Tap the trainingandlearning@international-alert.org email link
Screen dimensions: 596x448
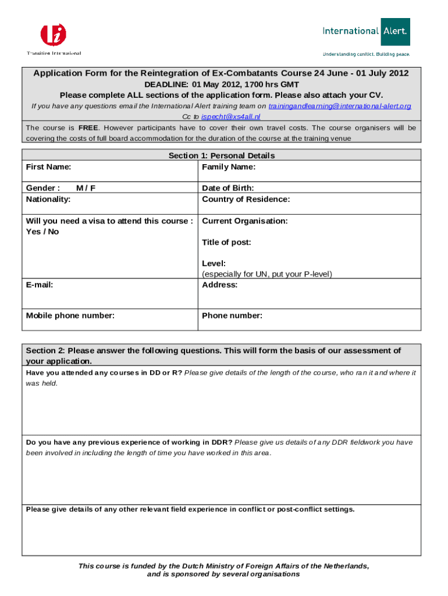pyautogui.click(x=340, y=106)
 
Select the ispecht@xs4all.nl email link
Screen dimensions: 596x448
pyautogui.click(x=230, y=116)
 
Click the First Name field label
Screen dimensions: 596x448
pyautogui.click(x=49, y=167)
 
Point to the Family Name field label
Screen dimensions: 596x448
pyautogui.click(x=229, y=167)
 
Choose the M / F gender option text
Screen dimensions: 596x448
pyautogui.click(x=86, y=188)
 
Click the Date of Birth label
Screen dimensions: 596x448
pyautogui.click(x=227, y=188)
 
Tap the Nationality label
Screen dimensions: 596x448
pyautogui.click(x=48, y=199)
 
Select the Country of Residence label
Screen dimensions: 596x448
pyautogui.click(x=246, y=199)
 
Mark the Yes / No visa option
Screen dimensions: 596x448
pyautogui.click(x=42, y=232)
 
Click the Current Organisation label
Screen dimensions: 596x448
pyautogui.click(x=244, y=221)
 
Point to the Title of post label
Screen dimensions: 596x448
pyautogui.click(x=226, y=242)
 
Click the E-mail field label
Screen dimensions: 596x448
pyautogui.click(x=40, y=285)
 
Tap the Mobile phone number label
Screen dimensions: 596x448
pyautogui.click(x=70, y=315)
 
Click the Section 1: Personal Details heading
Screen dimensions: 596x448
pyautogui.click(x=221, y=155)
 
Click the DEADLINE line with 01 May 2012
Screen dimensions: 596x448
pyautogui.click(x=221, y=84)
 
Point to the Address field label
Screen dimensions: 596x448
pyautogui.click(x=219, y=285)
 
